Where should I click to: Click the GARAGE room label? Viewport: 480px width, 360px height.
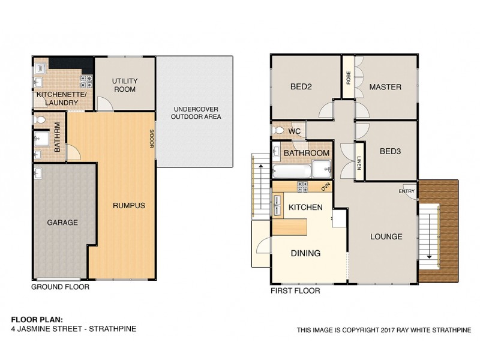63,223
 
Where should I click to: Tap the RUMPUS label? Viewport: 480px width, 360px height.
129,206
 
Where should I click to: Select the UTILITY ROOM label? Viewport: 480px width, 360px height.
124,85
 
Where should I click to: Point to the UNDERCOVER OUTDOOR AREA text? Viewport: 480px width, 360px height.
196,113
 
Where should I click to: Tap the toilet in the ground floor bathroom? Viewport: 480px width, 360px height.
40,121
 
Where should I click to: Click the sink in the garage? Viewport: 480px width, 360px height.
39,174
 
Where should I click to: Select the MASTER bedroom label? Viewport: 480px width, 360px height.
385,87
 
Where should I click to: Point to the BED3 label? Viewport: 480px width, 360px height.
390,151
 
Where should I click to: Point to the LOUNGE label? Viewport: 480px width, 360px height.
386,236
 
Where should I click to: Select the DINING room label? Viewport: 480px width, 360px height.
305,253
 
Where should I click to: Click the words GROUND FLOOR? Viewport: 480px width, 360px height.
60,287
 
